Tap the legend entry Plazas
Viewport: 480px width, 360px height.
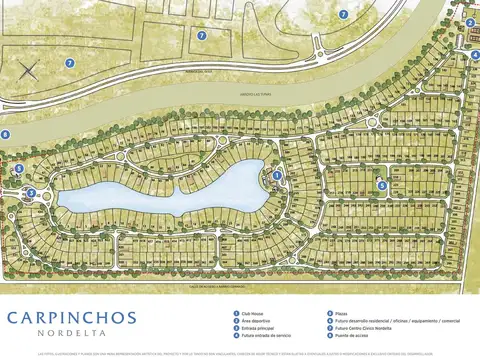(x=346, y=311)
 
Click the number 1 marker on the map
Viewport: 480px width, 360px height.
(x=277, y=175)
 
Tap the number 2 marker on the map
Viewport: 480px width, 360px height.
(x=471, y=22)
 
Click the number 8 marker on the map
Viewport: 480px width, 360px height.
(x=5, y=134)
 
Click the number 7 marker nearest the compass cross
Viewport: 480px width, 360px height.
(x=70, y=63)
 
